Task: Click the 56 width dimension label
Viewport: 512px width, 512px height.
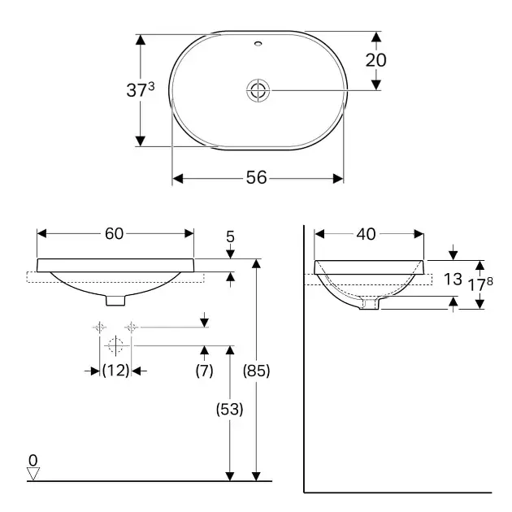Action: tap(256, 178)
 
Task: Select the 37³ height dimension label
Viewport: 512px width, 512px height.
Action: tap(141, 89)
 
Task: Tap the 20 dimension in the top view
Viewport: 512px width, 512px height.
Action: tap(375, 60)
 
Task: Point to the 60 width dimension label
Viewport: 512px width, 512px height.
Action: tap(114, 233)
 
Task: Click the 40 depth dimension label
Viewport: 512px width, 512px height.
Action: tap(366, 234)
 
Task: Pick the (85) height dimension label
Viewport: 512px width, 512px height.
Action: tap(256, 371)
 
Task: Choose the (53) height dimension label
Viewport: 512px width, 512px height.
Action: tap(229, 409)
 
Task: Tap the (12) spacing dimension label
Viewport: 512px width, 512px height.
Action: tap(116, 371)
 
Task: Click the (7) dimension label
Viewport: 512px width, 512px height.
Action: tap(205, 371)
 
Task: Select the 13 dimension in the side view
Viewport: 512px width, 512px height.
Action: tap(453, 280)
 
